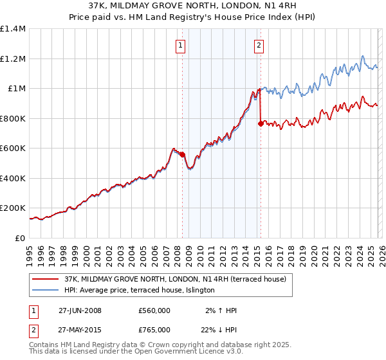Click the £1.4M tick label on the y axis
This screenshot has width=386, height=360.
click(13, 29)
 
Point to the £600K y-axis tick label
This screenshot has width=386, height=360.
click(13, 148)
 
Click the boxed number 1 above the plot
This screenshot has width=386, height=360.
click(181, 45)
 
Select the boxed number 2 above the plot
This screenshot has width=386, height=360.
click(259, 45)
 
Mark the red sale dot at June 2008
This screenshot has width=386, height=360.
click(183, 154)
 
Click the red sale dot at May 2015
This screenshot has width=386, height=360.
click(261, 123)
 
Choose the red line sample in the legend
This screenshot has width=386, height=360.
click(46, 279)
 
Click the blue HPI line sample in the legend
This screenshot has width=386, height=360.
click(46, 291)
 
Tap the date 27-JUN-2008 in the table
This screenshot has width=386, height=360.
click(80, 310)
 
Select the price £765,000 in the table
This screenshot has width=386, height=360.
click(154, 330)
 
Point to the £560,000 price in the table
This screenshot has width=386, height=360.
click(154, 310)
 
